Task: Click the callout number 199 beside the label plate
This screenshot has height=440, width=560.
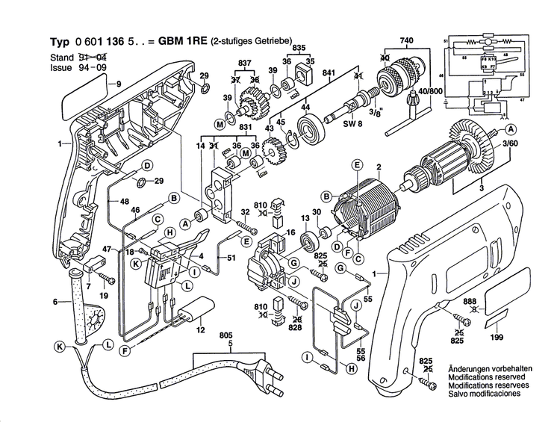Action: coord(497,337)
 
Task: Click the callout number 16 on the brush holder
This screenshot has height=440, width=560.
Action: coord(291,232)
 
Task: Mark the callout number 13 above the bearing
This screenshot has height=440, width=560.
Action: coord(305,217)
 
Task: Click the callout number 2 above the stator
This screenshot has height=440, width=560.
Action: coord(379,166)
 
